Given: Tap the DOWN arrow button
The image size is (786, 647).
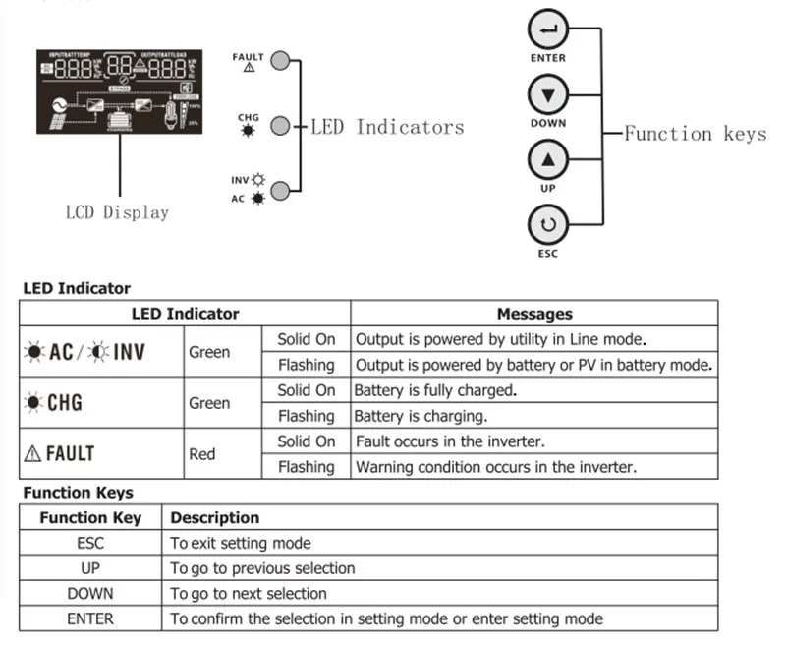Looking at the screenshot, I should (x=548, y=96).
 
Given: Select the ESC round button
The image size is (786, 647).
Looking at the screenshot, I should (x=548, y=225).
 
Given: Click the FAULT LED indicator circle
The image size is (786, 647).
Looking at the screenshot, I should (x=280, y=61).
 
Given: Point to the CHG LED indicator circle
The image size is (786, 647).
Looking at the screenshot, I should (x=280, y=126).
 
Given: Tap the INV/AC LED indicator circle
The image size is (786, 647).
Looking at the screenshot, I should (x=280, y=191).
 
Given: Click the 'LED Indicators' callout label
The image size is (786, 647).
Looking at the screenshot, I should (x=387, y=127).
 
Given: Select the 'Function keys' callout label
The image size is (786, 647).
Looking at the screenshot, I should (x=695, y=133).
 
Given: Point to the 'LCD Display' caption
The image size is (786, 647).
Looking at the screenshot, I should (x=117, y=212).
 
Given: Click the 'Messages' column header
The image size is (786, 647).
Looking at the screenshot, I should (x=533, y=314).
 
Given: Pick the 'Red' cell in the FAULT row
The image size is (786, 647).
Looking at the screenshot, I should (x=201, y=455).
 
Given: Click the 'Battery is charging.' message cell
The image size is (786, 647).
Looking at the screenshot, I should (x=421, y=416).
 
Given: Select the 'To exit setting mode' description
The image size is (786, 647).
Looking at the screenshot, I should (x=241, y=543).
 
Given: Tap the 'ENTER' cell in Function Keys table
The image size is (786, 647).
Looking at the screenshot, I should (x=90, y=618).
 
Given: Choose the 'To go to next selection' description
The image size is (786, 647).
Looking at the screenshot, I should (x=249, y=593).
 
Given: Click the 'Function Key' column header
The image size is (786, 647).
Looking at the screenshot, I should (x=90, y=517).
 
